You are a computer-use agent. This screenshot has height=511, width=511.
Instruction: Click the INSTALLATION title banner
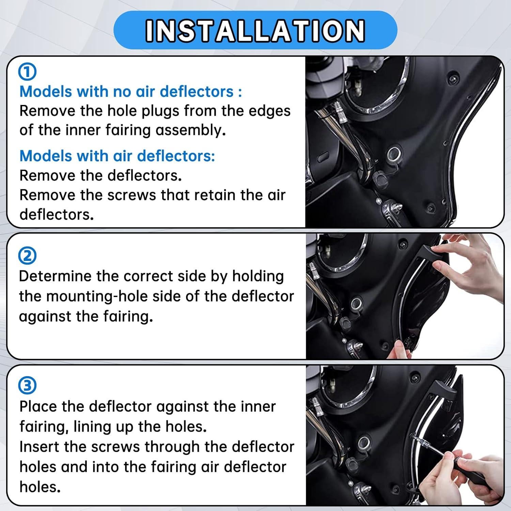(x=255, y=30)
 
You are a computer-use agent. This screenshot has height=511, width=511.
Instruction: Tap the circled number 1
(x=27, y=72)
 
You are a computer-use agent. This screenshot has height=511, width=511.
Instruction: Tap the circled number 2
(x=27, y=256)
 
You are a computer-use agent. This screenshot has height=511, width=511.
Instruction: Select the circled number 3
(x=27, y=386)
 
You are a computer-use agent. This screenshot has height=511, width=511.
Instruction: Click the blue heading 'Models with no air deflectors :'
(x=130, y=92)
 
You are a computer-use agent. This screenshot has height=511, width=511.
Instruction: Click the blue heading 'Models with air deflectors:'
(x=117, y=156)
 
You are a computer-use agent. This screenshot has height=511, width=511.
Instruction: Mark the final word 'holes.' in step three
(x=40, y=487)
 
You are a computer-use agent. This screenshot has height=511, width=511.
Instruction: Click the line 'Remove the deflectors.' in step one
(x=100, y=175)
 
